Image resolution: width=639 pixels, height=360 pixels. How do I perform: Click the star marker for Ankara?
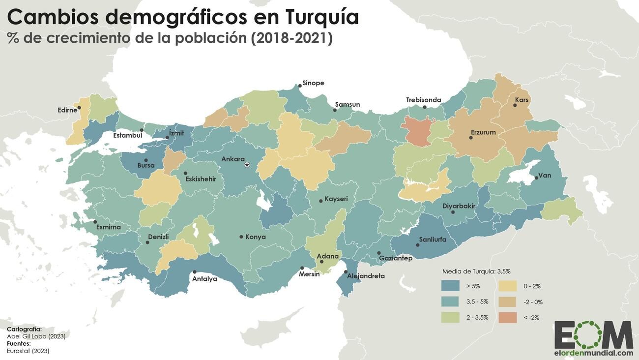point(247,165)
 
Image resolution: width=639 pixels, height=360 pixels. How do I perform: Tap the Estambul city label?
point(128,135)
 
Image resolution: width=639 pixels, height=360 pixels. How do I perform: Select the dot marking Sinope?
point(300,86)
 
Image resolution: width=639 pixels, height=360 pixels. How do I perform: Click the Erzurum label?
point(483,132)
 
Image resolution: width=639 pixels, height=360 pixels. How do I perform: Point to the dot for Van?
point(536,178)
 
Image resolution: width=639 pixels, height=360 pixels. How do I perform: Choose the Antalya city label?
point(205,279)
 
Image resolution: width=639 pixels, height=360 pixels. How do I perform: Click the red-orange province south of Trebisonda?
point(417,131)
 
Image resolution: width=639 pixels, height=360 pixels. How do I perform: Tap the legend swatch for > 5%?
point(450,286)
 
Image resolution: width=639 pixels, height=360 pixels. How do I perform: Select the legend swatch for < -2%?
point(508,317)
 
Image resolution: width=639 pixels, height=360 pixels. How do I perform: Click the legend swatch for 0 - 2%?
point(508,286)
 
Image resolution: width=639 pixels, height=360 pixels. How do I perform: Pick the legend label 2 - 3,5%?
point(477,317)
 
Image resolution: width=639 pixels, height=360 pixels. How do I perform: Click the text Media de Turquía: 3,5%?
point(476,271)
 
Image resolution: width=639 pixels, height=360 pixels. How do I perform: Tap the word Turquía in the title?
point(321,17)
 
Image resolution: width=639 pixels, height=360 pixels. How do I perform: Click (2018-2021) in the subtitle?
point(291,38)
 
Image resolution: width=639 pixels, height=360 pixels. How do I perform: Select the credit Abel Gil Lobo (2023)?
point(36,336)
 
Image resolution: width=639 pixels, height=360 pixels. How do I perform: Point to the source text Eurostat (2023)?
point(28,351)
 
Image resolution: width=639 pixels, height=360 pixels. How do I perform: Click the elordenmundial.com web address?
point(594,353)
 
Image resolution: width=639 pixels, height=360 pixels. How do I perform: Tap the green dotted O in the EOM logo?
point(593,334)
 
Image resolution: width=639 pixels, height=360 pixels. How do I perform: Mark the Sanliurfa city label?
point(433,240)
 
